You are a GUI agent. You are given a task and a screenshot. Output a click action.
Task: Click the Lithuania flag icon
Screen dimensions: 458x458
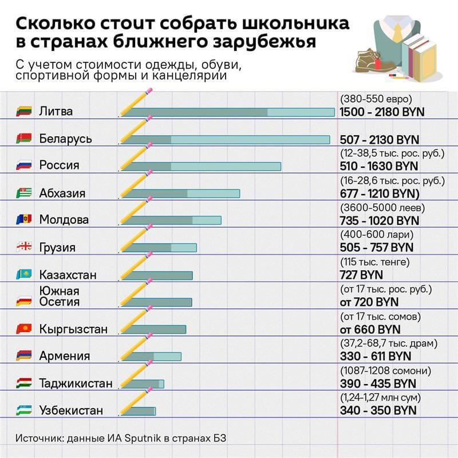coord(25,111)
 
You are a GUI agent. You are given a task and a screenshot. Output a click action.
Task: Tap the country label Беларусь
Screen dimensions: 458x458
coord(65,139)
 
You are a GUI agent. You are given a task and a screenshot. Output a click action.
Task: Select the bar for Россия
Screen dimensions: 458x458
coord(201,166)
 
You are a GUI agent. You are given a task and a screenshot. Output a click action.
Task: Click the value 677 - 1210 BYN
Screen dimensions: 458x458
coord(380,193)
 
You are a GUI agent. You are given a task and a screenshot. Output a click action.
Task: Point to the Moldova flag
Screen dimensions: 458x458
coord(25,220)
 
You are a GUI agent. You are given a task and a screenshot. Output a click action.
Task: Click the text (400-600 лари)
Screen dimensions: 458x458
coord(377,235)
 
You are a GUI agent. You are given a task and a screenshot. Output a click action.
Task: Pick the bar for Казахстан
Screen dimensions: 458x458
coord(157,275)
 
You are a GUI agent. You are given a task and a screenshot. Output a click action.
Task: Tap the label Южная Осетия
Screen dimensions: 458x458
coord(59,296)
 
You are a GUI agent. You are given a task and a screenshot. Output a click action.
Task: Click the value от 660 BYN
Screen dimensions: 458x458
coord(370,330)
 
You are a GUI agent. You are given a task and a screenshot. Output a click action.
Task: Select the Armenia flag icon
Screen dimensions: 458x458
coord(25,356)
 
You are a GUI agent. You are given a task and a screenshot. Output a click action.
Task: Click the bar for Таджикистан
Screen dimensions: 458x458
coord(142,384)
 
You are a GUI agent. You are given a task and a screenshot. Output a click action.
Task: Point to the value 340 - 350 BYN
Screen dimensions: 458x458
coord(378,410)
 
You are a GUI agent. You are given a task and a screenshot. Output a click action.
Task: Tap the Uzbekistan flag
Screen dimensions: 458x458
coord(25,410)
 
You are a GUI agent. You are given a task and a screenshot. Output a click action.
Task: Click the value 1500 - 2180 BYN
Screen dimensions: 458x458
coord(382,112)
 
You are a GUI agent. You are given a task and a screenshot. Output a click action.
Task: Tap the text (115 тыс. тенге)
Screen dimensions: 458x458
coord(375,262)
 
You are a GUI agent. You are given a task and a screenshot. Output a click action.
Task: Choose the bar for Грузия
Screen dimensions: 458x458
coord(159,248)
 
